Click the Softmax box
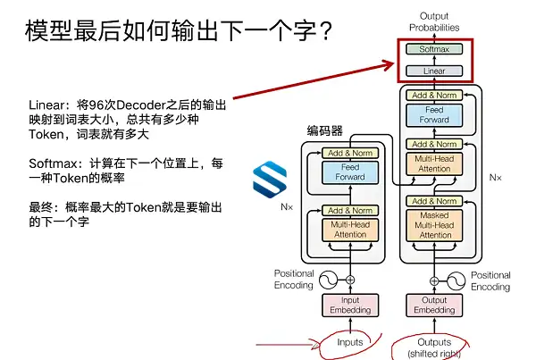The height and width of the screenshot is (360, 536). [435, 48]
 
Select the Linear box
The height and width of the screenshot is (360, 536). [435, 70]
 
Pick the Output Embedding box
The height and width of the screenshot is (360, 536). [435, 305]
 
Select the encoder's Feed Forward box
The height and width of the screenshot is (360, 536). [349, 172]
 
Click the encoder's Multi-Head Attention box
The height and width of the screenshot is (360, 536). [349, 229]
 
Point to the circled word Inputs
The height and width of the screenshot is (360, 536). [349, 342]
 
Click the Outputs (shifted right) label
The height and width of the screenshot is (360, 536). [435, 347]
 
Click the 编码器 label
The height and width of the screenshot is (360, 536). [323, 130]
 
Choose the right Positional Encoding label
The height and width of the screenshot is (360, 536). [490, 280]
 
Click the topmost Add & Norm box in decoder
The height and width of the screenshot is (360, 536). [435, 95]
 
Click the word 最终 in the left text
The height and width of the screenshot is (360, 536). [40, 207]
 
